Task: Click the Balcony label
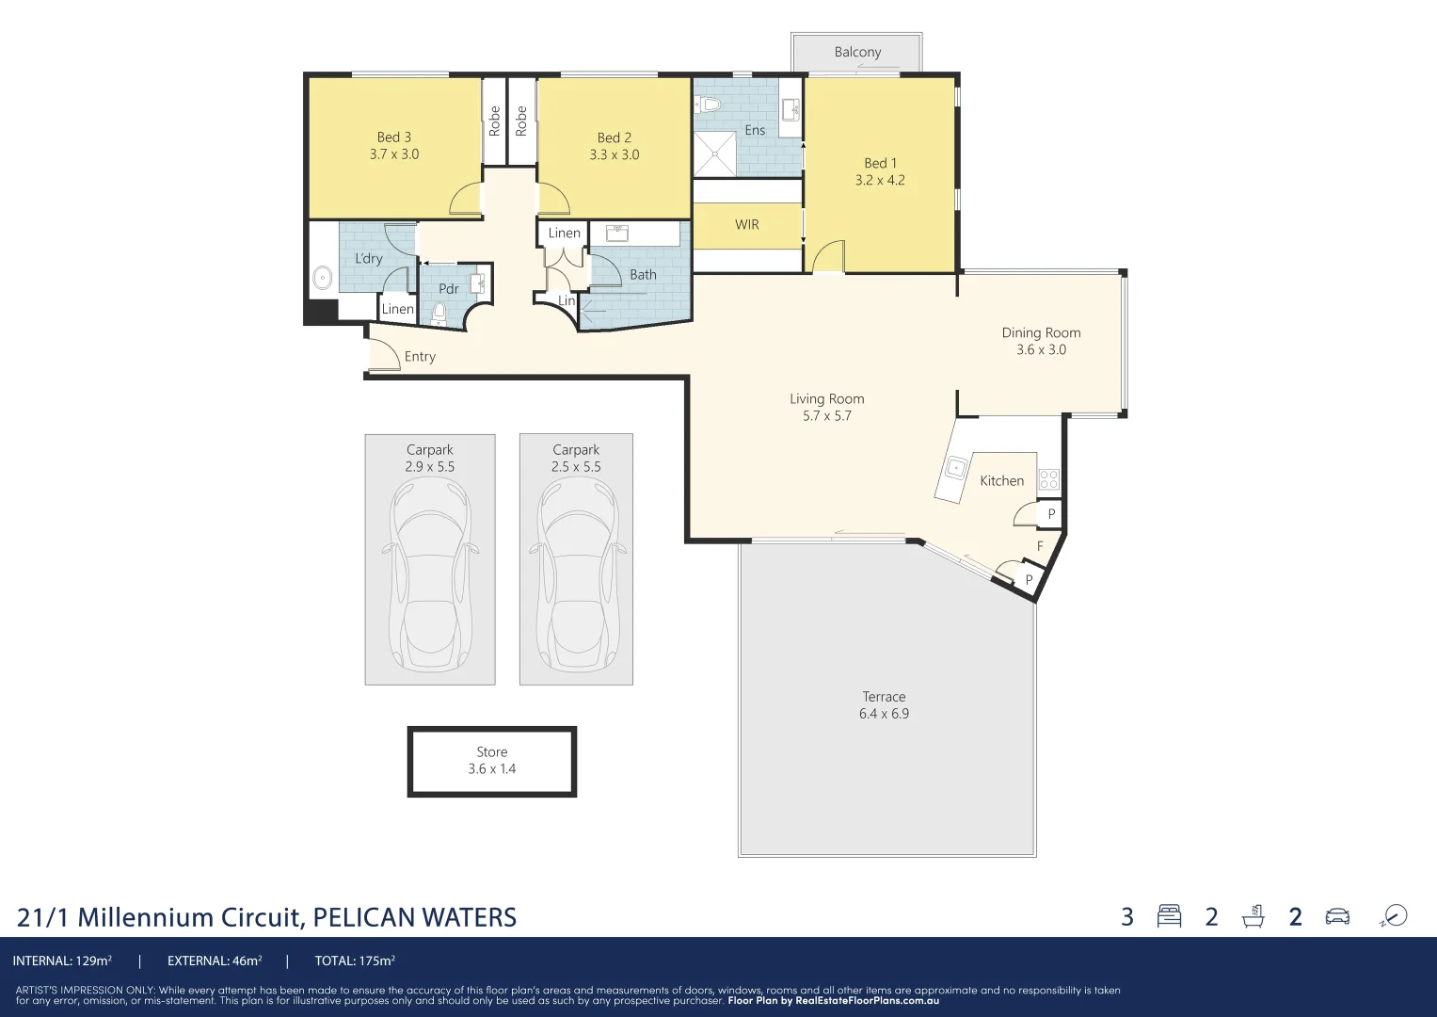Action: (857, 52)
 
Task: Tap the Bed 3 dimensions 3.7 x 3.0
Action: (393, 154)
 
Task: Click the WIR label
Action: (746, 225)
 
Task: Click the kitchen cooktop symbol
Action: (1048, 479)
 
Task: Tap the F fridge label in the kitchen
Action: (1040, 546)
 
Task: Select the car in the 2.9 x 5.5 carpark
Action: (430, 574)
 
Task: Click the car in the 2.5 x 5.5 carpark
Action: (576, 574)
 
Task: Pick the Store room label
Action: (491, 752)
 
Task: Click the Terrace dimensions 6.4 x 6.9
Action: (884, 714)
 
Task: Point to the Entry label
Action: (420, 357)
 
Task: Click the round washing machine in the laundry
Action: (322, 278)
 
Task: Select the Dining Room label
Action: (1041, 332)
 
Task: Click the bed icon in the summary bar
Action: (1169, 916)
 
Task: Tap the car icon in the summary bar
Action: (1336, 916)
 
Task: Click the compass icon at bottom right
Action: (1394, 916)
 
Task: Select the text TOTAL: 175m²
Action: (355, 961)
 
